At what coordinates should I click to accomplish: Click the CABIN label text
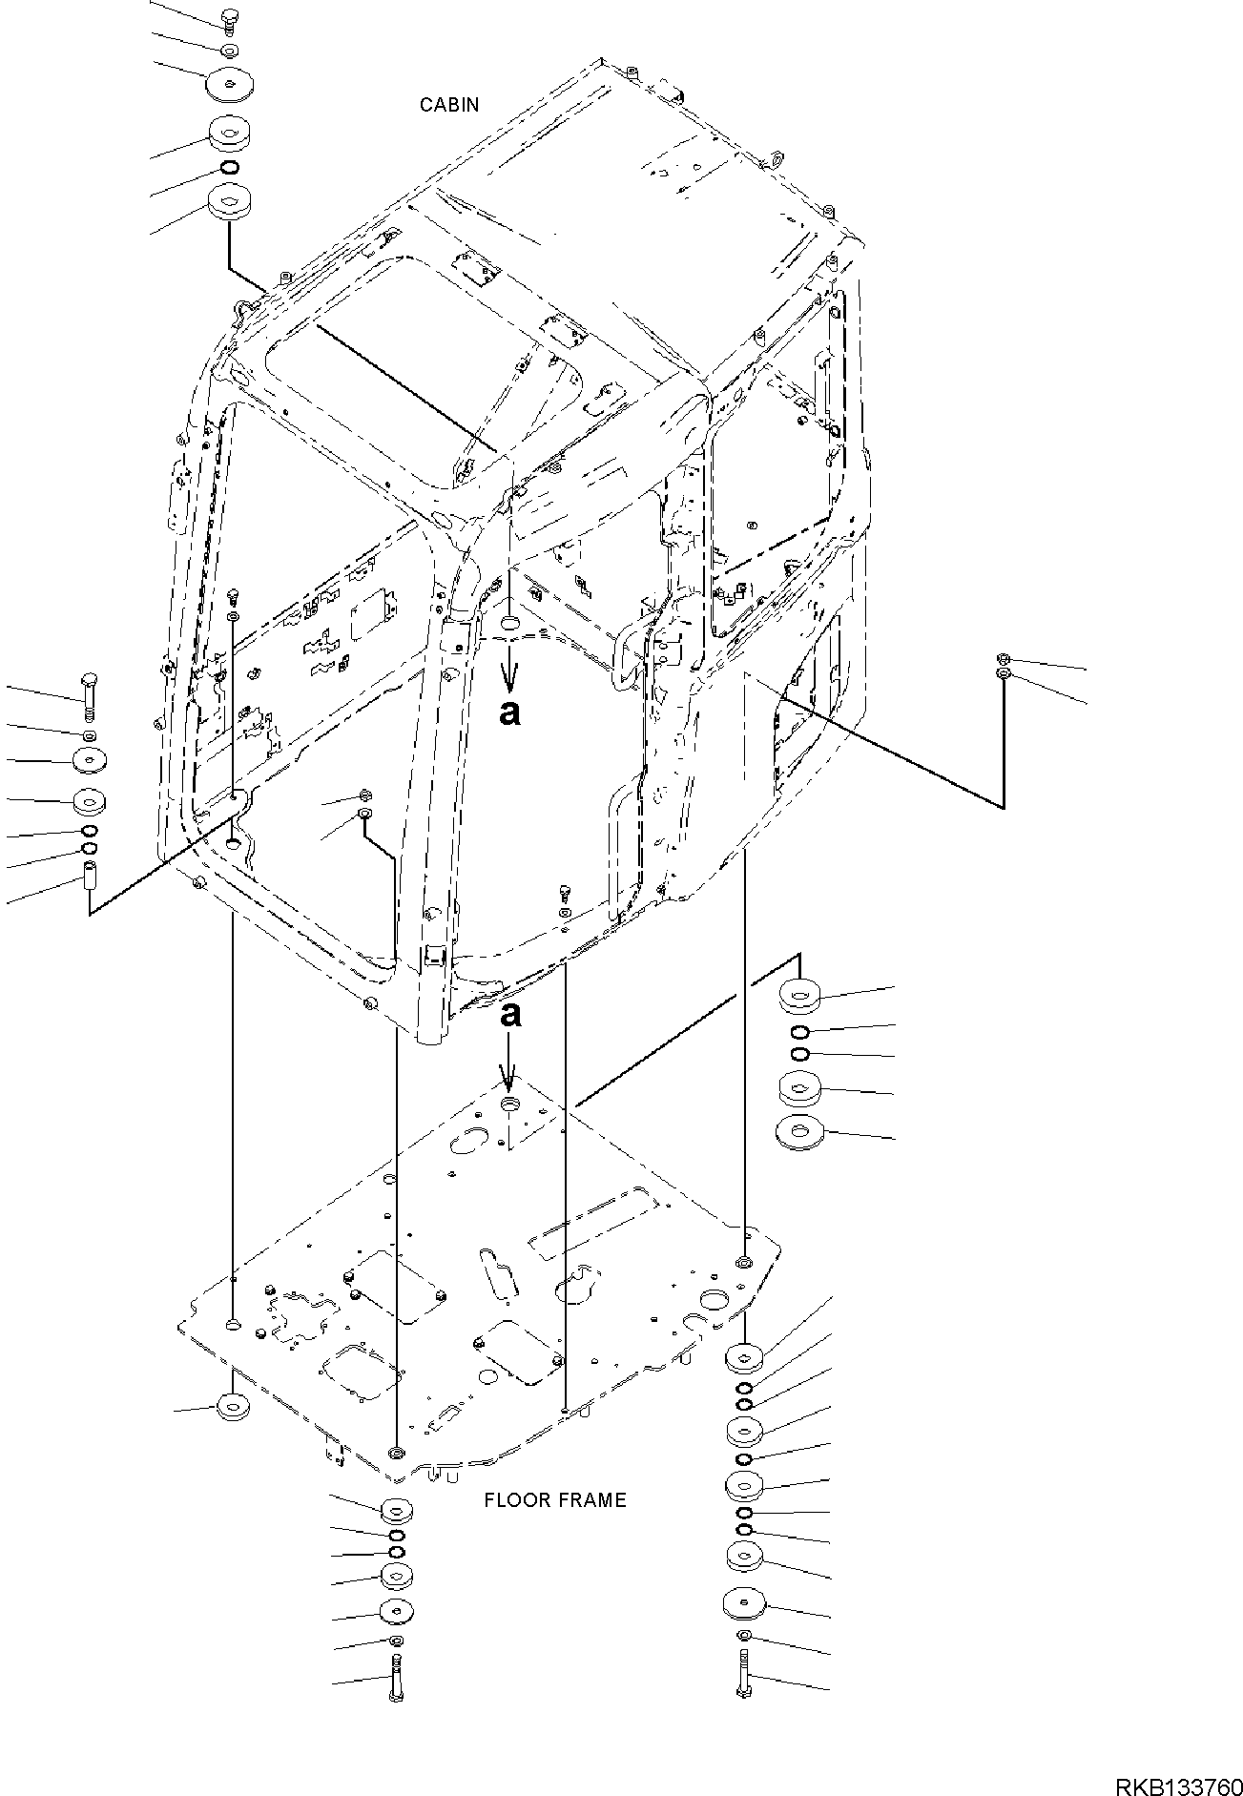pos(449,105)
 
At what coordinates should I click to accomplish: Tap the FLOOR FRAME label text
pos(554,1500)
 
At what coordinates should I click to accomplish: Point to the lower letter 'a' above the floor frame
pos(511,1014)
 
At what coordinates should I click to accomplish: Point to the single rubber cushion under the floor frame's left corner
pos(232,1407)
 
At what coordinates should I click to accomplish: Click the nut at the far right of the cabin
pos(1003,660)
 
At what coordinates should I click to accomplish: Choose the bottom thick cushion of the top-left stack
pos(229,202)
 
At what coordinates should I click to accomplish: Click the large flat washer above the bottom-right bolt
pos(744,1603)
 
